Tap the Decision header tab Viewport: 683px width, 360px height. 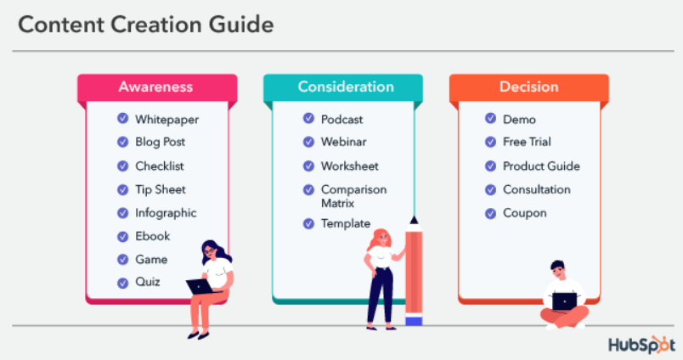pos(528,87)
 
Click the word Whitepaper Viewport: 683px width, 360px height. pos(167,120)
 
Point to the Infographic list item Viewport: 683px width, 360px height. pos(165,213)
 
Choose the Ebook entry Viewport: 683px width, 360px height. pos(152,236)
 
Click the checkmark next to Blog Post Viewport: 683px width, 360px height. pos(122,143)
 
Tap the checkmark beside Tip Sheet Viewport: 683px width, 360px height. pos(122,189)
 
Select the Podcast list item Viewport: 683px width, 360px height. pos(341,120)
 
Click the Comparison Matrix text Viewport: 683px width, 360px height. pos(353,196)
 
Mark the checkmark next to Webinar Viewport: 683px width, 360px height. pos(308,143)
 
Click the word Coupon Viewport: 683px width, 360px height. pos(525,213)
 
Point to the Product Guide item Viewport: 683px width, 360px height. pos(541,166)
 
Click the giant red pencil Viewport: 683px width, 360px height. pos(414,272)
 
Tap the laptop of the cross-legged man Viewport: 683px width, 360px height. pos(564,301)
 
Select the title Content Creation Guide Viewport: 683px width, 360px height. pos(146,25)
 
